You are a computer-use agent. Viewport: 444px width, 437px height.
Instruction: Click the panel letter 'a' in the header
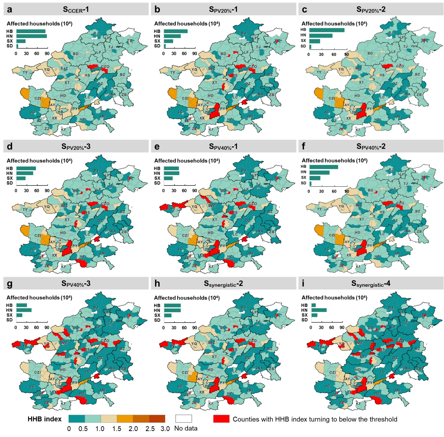10,10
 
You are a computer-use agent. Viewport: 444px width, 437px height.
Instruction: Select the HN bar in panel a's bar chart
31,36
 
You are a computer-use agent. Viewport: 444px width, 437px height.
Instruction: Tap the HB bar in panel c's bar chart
327,30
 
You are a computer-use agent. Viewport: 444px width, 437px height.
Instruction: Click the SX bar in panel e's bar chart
168,178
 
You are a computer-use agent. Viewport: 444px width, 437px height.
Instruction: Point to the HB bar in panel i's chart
313,305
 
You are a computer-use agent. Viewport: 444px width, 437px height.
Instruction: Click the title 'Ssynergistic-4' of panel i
371,284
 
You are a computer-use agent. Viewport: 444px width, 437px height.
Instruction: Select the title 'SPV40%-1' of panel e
223,147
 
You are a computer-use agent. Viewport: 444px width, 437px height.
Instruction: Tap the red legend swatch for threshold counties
221,419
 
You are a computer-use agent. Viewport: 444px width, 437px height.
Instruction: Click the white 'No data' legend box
183,419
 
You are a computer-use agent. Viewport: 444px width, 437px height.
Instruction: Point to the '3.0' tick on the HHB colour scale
165,429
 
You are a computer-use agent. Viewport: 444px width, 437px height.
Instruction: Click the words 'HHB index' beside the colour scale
45,419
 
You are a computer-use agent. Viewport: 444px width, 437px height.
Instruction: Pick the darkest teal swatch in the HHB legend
77,419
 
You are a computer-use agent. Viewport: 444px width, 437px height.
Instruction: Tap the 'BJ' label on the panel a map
96,33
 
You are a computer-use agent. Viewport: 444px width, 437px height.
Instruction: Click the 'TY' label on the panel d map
25,210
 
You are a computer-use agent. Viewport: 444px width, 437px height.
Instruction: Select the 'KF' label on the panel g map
63,404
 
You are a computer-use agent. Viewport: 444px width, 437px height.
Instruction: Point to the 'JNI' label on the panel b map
250,116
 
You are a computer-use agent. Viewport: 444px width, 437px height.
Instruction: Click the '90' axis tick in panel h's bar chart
195,327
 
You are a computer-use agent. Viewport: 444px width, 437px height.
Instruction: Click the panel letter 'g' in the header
10,284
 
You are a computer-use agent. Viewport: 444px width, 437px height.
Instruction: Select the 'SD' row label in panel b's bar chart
157,46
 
